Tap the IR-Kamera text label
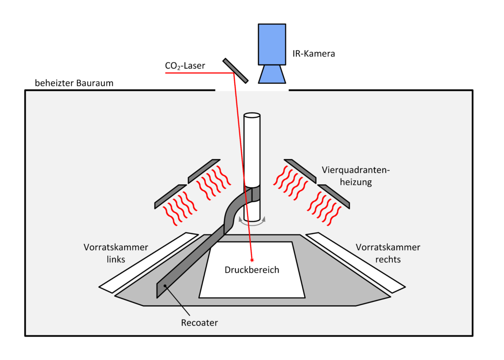pyautogui.click(x=310, y=54)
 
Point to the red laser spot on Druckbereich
pyautogui.click(x=252, y=259)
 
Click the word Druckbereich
pyautogui.click(x=252, y=270)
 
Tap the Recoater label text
pyautogui.click(x=199, y=323)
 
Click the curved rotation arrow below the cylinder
pyautogui.click(x=252, y=222)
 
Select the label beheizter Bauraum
pyautogui.click(x=74, y=83)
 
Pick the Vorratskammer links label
pyautogui.click(x=115, y=253)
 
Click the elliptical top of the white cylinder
pyautogui.click(x=252, y=116)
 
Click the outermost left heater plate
pyautogui.click(x=170, y=196)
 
